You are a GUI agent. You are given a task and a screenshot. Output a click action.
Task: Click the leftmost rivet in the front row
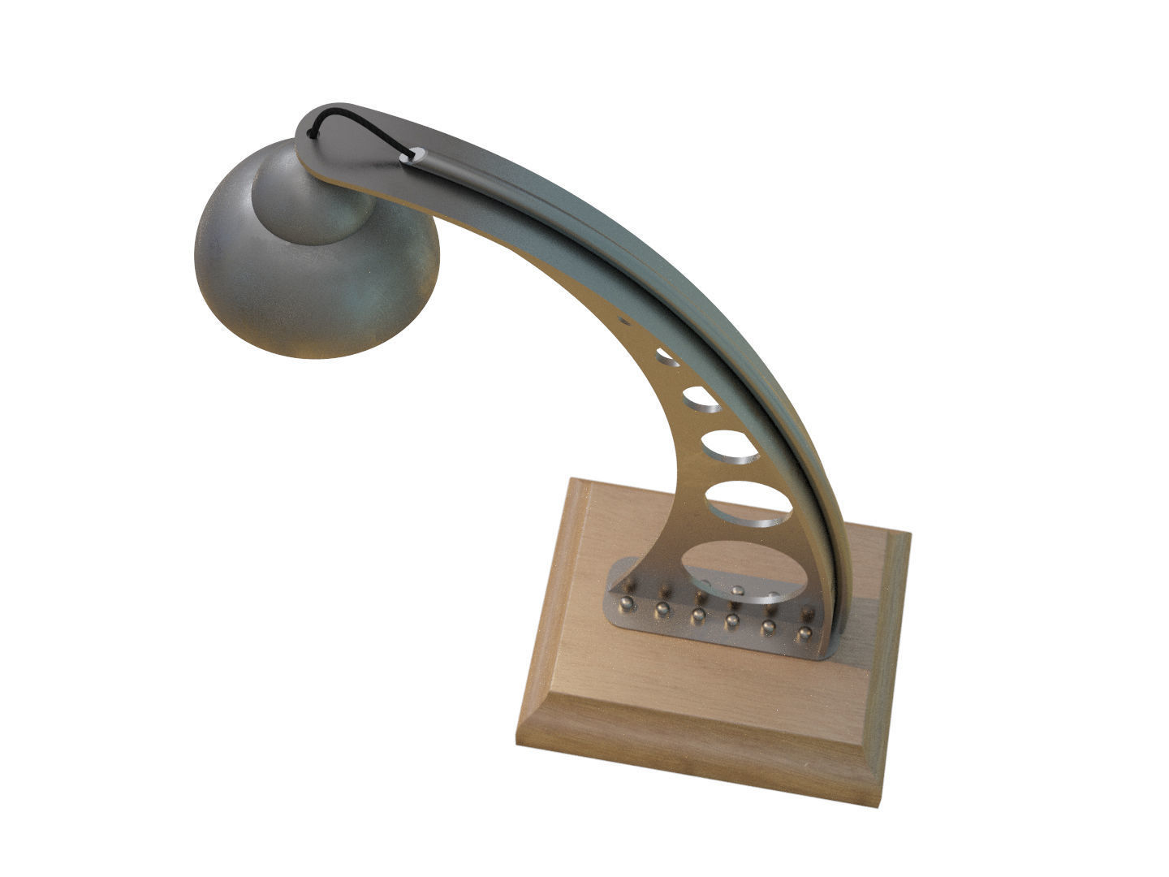pyautogui.click(x=626, y=603)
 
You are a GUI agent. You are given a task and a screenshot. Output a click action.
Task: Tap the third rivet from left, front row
pyautogui.click(x=697, y=616)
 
